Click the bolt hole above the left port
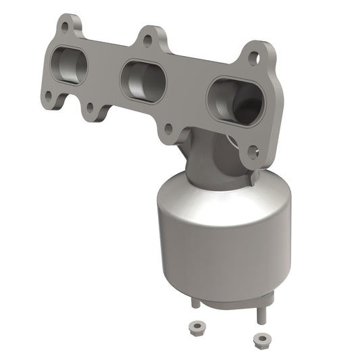(65, 28)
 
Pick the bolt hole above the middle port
(147, 40)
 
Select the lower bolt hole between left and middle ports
(90, 107)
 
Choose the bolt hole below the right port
(252, 152)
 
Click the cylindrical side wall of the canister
(216, 257)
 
